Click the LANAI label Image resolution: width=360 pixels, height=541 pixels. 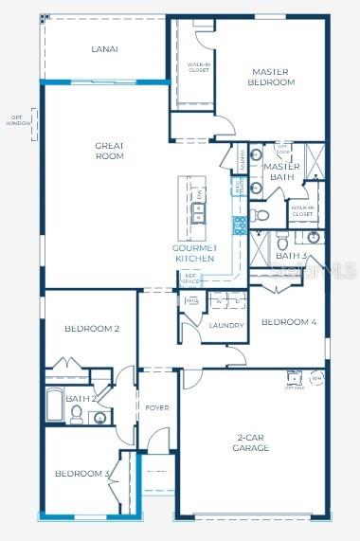(104, 48)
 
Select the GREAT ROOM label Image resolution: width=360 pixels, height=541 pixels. (110, 151)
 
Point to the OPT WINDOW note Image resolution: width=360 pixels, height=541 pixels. (19, 120)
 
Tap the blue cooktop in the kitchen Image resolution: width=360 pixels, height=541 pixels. (240, 225)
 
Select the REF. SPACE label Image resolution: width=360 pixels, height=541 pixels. (190, 279)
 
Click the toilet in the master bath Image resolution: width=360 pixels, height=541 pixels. (262, 215)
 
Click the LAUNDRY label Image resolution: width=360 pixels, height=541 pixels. (226, 325)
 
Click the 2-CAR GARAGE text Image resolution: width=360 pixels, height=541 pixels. (251, 442)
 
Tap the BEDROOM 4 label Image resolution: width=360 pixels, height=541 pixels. (288, 322)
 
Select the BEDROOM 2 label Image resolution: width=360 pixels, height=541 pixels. (92, 329)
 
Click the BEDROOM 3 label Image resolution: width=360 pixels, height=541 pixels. (81, 473)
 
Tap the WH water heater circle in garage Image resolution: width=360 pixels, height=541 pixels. (316, 377)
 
